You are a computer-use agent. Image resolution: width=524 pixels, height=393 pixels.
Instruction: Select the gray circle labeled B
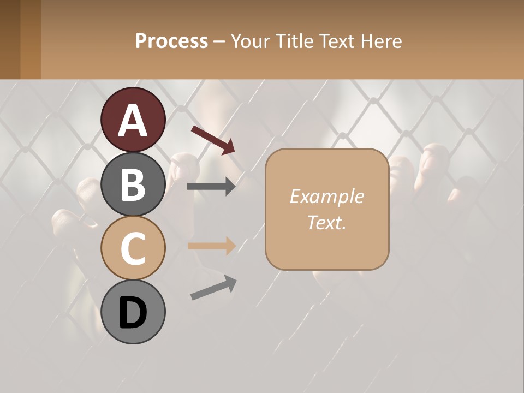pos(133,184)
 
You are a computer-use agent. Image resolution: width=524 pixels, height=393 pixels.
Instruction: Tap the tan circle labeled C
pos(133,248)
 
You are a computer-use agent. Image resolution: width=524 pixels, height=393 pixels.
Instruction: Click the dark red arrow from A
pos(213,139)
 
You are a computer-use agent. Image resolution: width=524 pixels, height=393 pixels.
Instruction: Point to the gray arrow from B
pos(211,187)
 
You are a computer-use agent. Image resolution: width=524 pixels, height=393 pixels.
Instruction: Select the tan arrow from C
pos(211,246)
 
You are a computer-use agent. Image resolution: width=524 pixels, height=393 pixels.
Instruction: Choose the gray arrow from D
pos(213,288)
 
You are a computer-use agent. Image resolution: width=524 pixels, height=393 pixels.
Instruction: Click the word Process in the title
pos(171,41)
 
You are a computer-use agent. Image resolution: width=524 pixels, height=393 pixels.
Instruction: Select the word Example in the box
pos(326,196)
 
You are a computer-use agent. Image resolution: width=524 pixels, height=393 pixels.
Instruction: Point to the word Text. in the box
pos(326,222)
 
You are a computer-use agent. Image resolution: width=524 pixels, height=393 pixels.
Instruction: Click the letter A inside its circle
pos(133,120)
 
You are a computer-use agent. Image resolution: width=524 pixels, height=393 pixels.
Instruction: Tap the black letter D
pos(133,313)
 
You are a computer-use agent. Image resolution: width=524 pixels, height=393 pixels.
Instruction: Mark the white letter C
pos(133,248)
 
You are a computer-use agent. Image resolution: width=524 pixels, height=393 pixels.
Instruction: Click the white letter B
pos(133,184)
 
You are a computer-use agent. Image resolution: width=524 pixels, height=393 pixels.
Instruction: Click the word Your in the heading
pos(250,41)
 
